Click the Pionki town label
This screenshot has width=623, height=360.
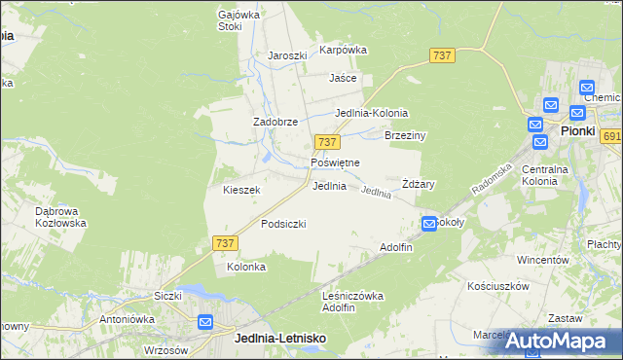point(577,129)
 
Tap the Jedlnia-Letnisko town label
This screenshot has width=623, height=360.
point(280,338)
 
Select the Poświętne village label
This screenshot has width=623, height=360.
point(335,162)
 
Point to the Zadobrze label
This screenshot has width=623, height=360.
point(275,122)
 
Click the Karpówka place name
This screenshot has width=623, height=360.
point(343,50)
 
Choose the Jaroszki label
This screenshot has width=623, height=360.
point(287,55)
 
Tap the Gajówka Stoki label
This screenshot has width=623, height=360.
point(230,20)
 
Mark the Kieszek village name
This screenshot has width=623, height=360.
point(241,190)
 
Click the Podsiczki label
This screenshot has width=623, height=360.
point(283,224)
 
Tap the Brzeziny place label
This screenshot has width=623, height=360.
point(407,136)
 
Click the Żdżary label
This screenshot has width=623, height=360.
point(418,184)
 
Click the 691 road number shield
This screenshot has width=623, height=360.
point(611,137)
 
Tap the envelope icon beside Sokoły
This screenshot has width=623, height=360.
point(429,225)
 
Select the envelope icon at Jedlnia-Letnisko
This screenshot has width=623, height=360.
point(205,322)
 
